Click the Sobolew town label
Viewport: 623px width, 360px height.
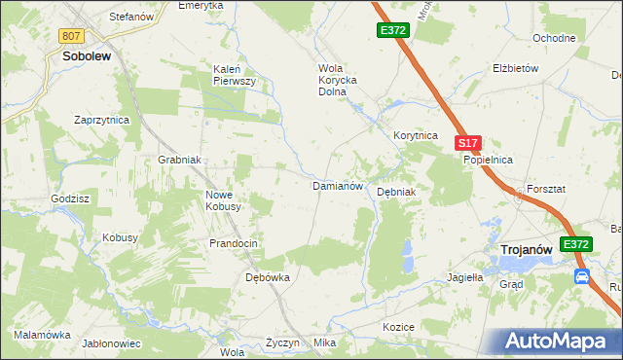[86, 56]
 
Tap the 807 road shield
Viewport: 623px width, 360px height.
[70, 36]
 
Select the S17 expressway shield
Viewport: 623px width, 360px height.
[468, 143]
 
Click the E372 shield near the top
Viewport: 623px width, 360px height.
[392, 31]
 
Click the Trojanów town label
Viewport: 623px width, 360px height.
[527, 250]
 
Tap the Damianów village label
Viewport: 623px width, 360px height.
[337, 185]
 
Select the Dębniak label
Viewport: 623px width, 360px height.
[396, 192]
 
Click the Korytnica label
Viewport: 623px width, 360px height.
[416, 136]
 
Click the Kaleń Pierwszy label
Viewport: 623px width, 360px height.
[235, 75]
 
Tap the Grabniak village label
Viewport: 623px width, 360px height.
[179, 160]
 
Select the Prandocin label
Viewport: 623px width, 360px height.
[233, 242]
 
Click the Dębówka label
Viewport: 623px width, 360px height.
[267, 277]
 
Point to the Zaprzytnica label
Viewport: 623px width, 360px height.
[102, 120]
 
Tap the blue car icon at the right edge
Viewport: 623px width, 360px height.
[582, 276]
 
